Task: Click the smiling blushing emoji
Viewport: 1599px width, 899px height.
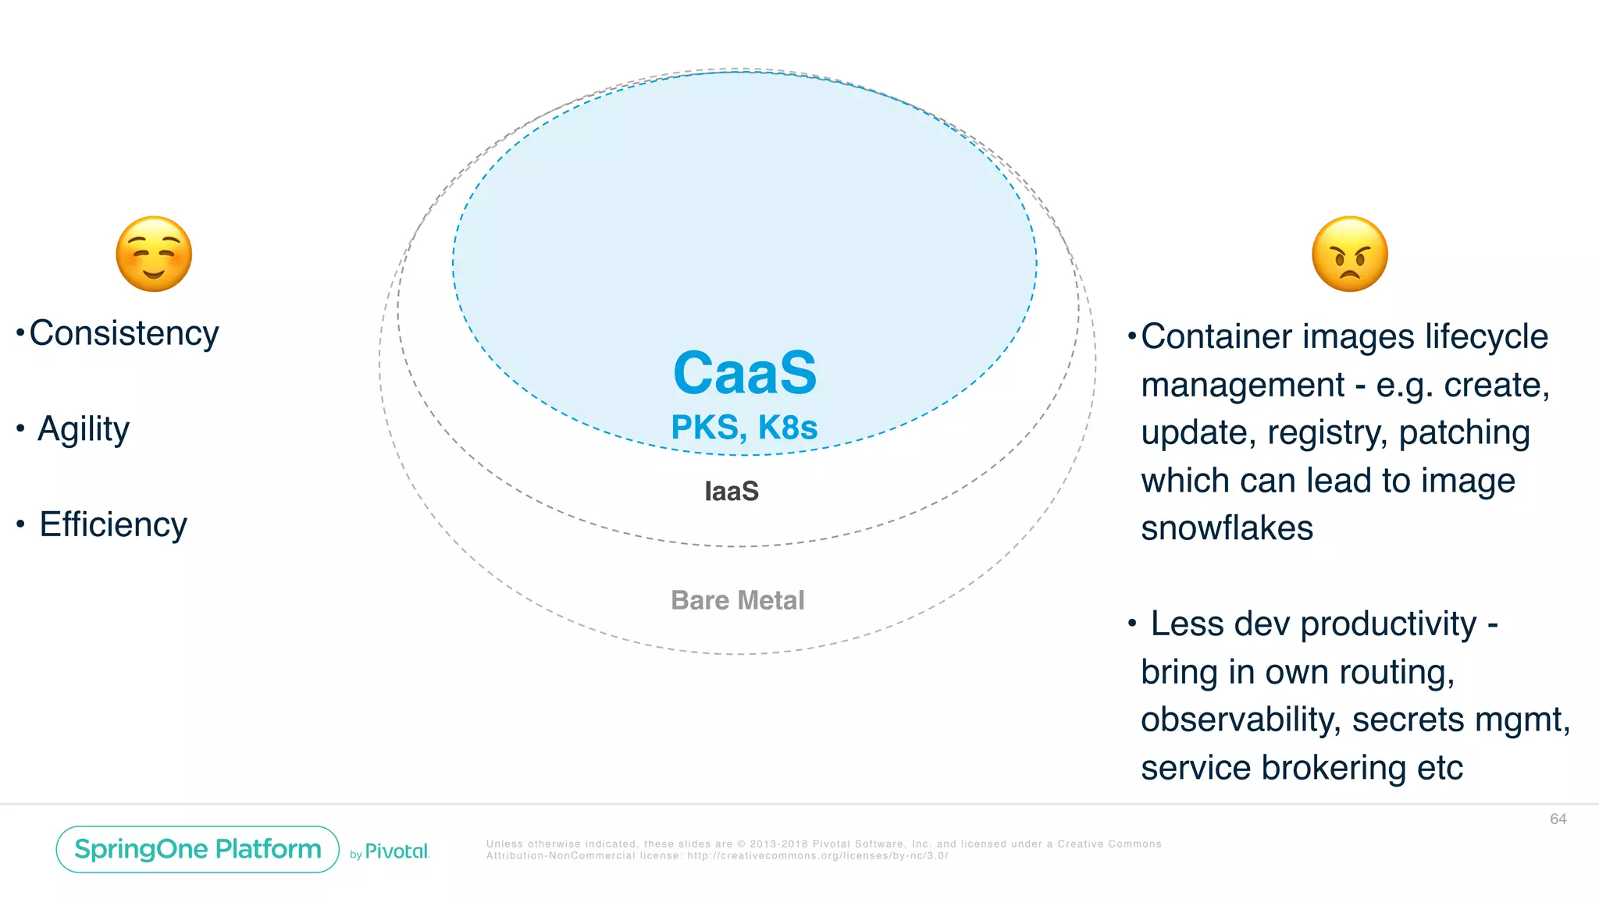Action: pos(154,254)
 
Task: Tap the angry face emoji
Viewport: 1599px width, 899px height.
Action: pos(1349,254)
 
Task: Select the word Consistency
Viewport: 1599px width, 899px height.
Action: pos(124,334)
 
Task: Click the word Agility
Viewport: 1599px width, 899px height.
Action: pos(84,430)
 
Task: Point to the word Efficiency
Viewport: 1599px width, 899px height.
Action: pos(113,525)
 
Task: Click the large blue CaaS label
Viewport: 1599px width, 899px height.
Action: pos(744,373)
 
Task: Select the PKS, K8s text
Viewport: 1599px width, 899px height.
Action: pos(744,428)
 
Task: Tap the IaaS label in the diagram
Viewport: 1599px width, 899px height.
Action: pos(732,492)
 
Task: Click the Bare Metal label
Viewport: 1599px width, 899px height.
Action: pos(737,600)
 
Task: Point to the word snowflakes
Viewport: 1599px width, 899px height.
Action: pos(1227,528)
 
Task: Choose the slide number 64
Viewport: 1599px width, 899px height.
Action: pos(1558,819)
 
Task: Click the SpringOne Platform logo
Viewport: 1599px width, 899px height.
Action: pos(198,849)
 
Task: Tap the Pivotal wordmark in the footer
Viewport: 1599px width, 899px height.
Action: pos(397,851)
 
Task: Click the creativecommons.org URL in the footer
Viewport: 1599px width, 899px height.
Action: pos(817,856)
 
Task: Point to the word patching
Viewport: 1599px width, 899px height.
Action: pos(1464,433)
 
